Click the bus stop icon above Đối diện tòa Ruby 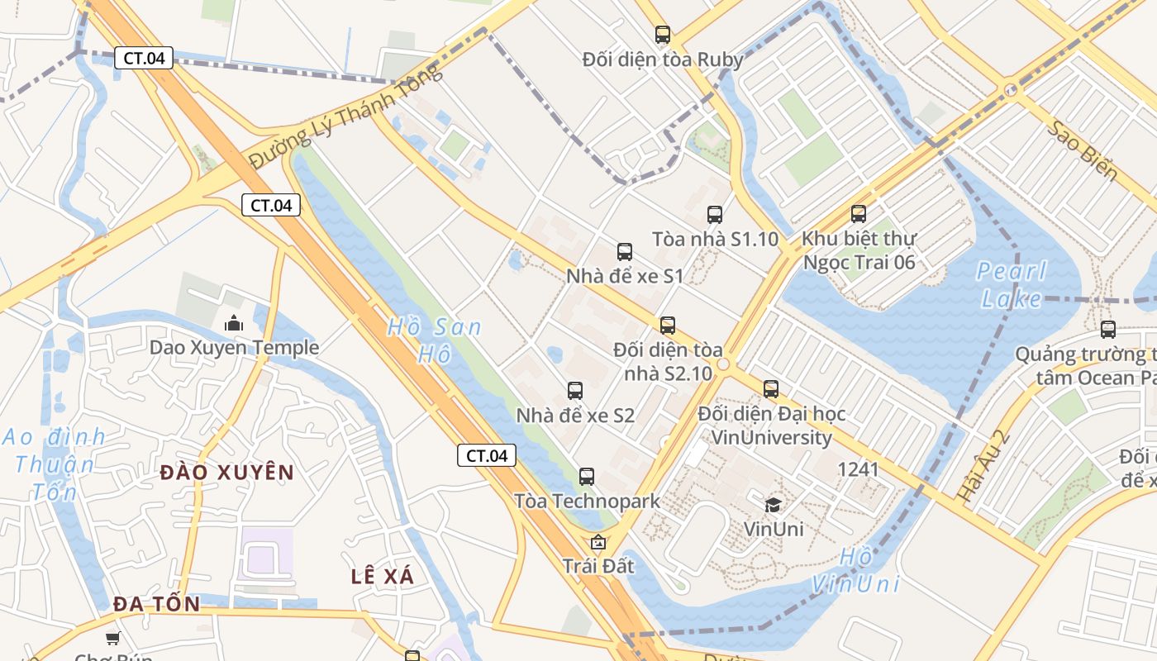tap(663, 35)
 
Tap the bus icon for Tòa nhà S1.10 tap(715, 215)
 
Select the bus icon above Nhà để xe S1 tap(625, 252)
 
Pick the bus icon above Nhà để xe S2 tap(575, 391)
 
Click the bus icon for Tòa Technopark tap(587, 477)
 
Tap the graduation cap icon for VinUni tap(774, 504)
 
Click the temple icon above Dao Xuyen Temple tap(234, 323)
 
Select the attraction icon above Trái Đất tap(598, 543)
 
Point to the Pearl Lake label tap(1012, 284)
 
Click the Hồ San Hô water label tap(435, 340)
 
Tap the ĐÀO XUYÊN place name tap(227, 473)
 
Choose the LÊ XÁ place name tap(383, 576)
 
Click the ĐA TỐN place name tap(157, 604)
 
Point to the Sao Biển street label tap(1083, 151)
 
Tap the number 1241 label tap(858, 469)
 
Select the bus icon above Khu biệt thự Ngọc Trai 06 tap(859, 214)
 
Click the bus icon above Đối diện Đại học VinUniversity tap(771, 388)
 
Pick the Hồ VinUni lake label tap(855, 570)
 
